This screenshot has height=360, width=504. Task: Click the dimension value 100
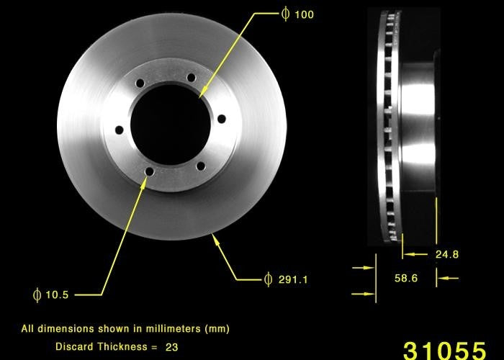[304, 14]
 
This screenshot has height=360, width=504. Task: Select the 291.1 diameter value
[293, 279]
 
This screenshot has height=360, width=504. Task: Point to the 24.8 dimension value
[446, 254]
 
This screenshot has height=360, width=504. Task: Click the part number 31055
[444, 349]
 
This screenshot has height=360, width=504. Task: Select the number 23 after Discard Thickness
[171, 346]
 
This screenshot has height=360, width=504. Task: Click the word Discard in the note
[73, 346]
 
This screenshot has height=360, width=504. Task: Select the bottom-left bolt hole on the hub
[149, 171]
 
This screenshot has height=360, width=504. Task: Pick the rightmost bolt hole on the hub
[221, 118]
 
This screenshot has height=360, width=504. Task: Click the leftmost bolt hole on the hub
[119, 130]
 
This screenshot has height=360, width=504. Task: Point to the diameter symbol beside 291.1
[268, 279]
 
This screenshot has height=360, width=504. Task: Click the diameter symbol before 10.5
[37, 294]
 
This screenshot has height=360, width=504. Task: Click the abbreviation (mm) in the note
[217, 329]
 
